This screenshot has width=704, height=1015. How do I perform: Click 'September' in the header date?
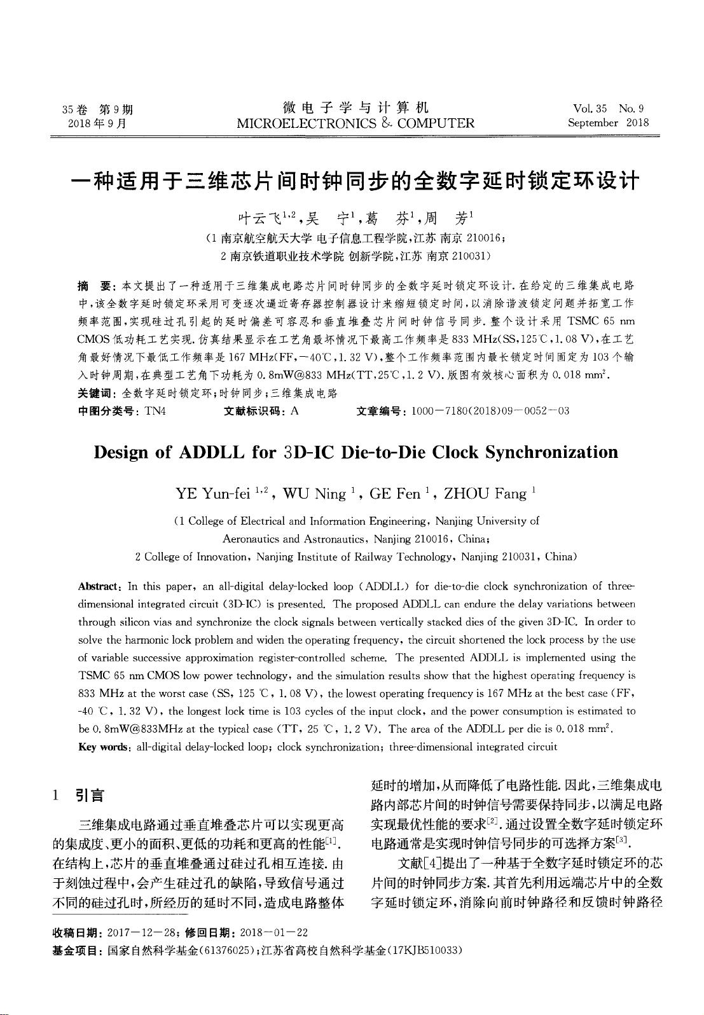(593, 123)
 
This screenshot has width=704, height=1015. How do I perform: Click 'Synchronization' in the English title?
(551, 452)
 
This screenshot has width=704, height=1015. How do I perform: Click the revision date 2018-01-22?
(272, 933)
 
